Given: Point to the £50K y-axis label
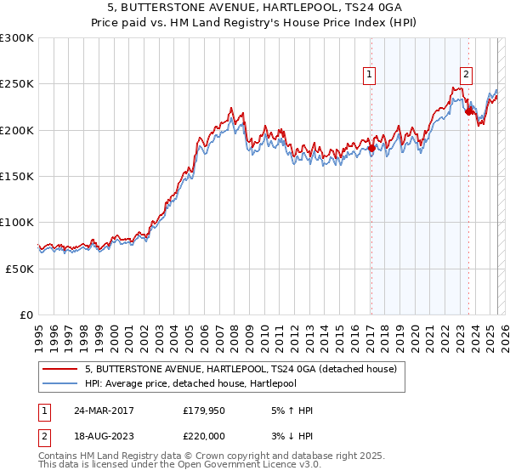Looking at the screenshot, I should [x=20, y=269].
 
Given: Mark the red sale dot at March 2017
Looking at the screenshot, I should [x=371, y=148].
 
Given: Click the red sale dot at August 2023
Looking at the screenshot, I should [x=468, y=111].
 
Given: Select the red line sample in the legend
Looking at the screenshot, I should [x=60, y=369].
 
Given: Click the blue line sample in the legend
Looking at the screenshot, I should [x=60, y=382].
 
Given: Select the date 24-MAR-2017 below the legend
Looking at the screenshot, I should [x=97, y=411].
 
